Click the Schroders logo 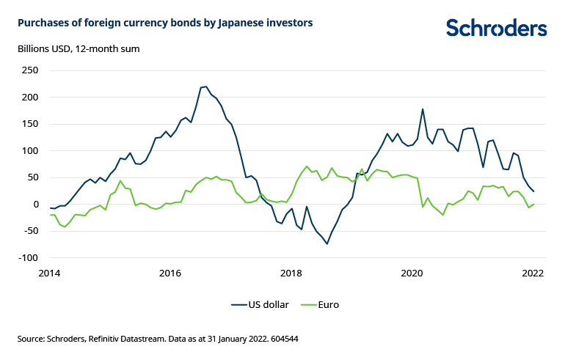click(497, 28)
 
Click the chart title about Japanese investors click(165, 23)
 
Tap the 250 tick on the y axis click(29, 70)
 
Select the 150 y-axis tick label click(29, 124)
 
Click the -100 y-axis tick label click(28, 258)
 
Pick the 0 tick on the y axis click(34, 205)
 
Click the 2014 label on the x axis click(50, 273)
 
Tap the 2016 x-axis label click(170, 273)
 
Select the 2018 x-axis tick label click(291, 273)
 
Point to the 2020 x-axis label click(412, 273)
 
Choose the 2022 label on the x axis click(532, 273)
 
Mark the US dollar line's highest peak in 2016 click(206, 87)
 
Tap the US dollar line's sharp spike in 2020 click(423, 109)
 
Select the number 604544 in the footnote click(282, 339)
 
